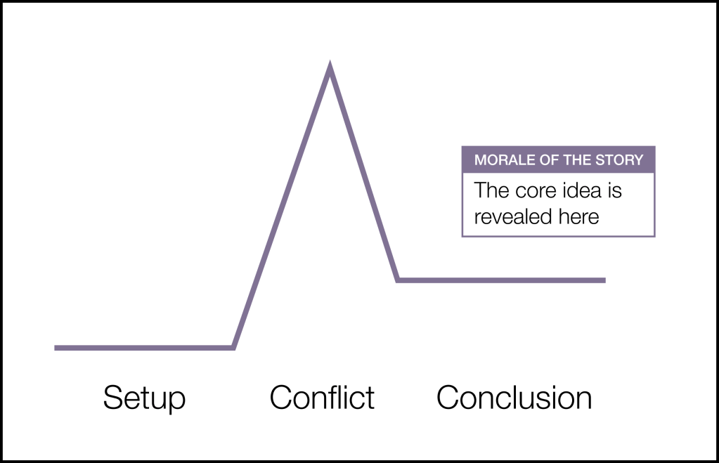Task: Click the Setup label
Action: point(144,398)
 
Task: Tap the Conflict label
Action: point(322,398)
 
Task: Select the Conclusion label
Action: point(514,398)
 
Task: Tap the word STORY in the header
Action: point(621,160)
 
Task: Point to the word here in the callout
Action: point(578,217)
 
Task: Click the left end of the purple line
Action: point(56,348)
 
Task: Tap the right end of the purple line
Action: point(604,280)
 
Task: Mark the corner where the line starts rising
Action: point(233,347)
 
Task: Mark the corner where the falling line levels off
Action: point(398,280)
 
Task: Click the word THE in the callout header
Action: point(579,160)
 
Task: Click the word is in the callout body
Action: point(616,190)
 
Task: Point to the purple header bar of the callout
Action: point(558,160)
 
